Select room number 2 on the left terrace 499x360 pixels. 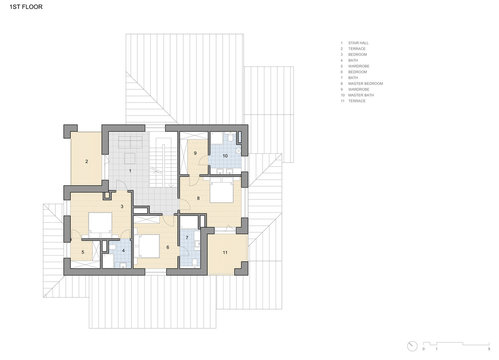coord(86,161)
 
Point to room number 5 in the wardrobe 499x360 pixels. coord(82,252)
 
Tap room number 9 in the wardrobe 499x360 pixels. coord(194,153)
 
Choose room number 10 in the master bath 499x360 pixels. coord(225,157)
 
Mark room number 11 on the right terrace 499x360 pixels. coord(225,251)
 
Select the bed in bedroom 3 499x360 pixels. coord(100,223)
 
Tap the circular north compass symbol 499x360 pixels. coord(425,350)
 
